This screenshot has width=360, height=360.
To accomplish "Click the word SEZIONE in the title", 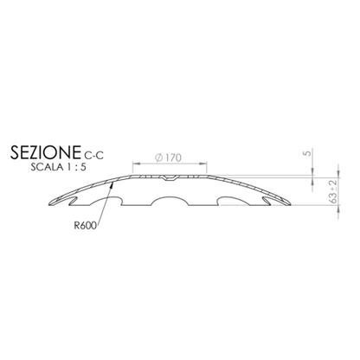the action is tap(45, 152).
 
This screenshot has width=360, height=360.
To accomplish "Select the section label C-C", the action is tap(93, 156).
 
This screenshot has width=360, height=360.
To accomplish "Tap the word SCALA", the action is tap(47, 167).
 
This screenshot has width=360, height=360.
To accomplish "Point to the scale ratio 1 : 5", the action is tap(76, 167).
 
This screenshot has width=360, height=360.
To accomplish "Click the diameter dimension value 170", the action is tap(173, 157).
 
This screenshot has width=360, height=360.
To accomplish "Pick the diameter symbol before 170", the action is tap(159, 157).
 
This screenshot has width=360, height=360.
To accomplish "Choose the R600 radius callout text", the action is tap(85, 225).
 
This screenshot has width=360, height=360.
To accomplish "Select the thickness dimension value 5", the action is tap(308, 152).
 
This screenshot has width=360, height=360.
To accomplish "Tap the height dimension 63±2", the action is tap(333, 191).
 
